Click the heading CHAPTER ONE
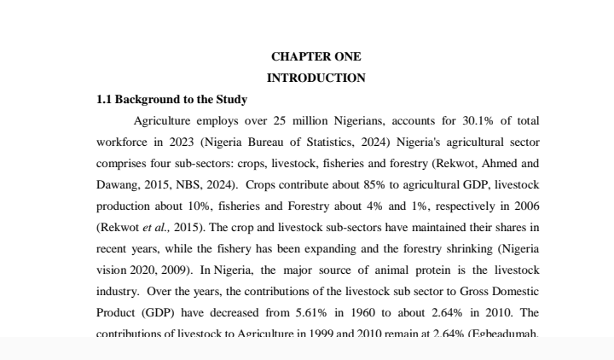tap(316, 56)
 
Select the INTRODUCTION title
tap(316, 78)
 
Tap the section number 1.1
tap(105, 99)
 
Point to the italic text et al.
tap(156, 227)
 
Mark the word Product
tap(115, 312)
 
